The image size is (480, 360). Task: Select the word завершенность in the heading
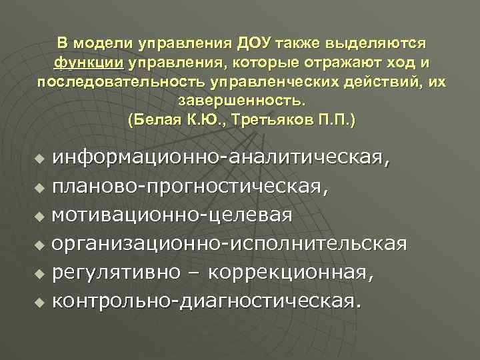click(x=241, y=103)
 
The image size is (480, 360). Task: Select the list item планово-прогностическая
click(x=189, y=188)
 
